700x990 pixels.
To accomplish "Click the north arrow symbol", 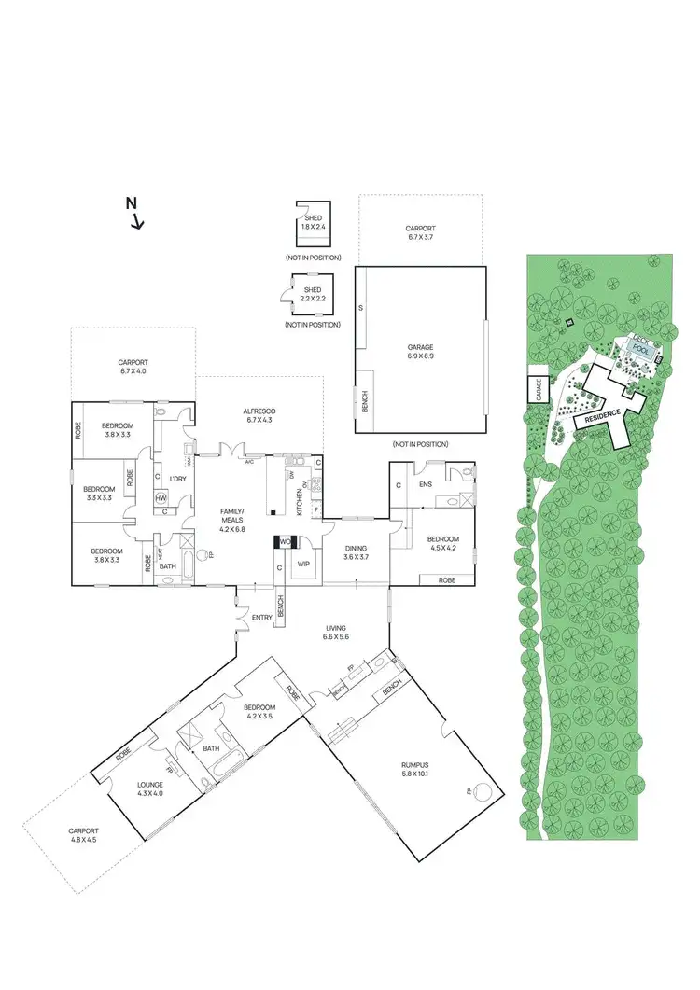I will (x=135, y=213).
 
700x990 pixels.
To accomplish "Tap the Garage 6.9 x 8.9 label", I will (x=421, y=351).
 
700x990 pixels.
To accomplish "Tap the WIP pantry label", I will (x=303, y=564).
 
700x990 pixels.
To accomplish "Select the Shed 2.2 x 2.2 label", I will (x=313, y=295).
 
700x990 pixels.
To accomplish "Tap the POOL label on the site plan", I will (x=640, y=346).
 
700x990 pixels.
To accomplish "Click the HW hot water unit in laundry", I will (x=161, y=497).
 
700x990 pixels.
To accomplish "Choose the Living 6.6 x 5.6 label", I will (x=335, y=632).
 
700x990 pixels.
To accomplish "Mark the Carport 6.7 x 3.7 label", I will (x=420, y=232).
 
